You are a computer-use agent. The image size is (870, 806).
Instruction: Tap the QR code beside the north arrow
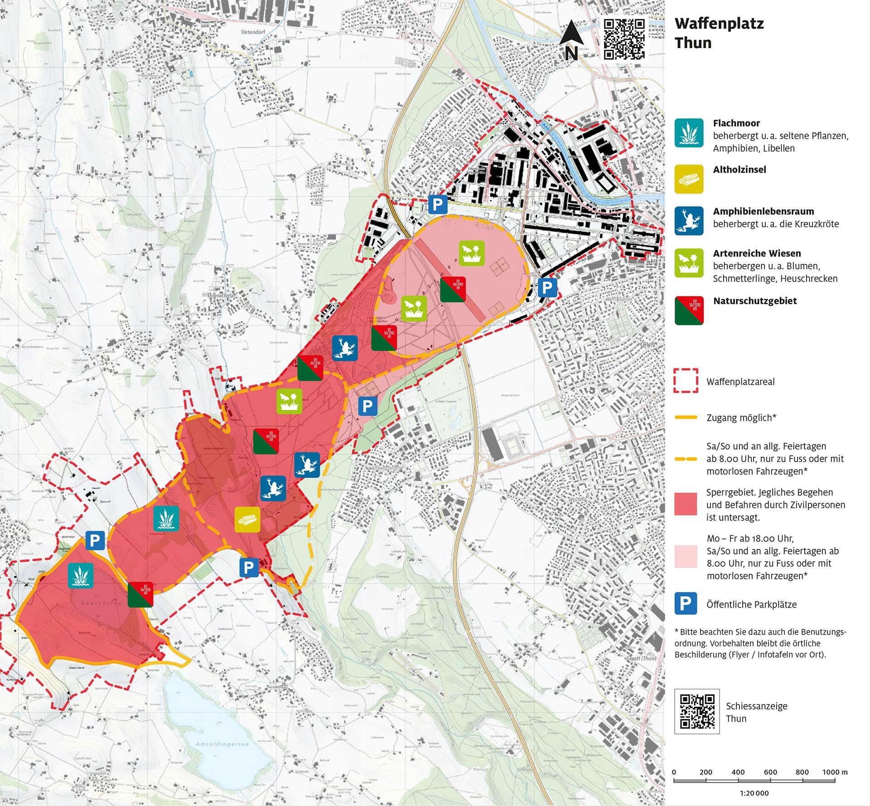click(624, 39)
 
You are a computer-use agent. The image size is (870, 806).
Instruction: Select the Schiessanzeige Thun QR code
click(697, 711)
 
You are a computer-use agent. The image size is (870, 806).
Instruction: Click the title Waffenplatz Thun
click(719, 33)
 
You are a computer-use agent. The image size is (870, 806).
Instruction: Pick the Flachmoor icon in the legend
click(689, 133)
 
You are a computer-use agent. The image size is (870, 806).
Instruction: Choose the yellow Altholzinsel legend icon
click(689, 179)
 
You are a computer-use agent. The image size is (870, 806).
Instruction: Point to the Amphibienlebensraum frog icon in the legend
click(689, 221)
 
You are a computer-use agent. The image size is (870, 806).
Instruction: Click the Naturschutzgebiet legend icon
click(689, 311)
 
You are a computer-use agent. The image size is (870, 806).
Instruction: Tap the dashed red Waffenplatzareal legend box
click(686, 381)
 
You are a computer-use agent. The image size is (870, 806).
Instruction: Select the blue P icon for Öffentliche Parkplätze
click(686, 603)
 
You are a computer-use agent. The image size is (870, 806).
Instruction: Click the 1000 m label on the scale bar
click(835, 772)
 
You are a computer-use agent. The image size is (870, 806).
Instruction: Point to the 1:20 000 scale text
click(754, 793)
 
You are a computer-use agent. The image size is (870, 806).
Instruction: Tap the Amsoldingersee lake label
click(222, 744)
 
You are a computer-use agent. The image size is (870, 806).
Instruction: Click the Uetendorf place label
click(253, 32)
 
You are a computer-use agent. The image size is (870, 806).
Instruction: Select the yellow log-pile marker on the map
click(247, 520)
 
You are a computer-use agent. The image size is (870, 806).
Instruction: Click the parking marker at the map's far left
click(95, 540)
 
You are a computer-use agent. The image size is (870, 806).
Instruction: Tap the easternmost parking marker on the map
click(547, 287)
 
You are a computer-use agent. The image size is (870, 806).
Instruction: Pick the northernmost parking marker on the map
click(438, 205)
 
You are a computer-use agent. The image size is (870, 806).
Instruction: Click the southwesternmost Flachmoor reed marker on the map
click(81, 576)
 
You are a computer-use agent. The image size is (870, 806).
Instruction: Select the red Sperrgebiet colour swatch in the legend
click(686, 504)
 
